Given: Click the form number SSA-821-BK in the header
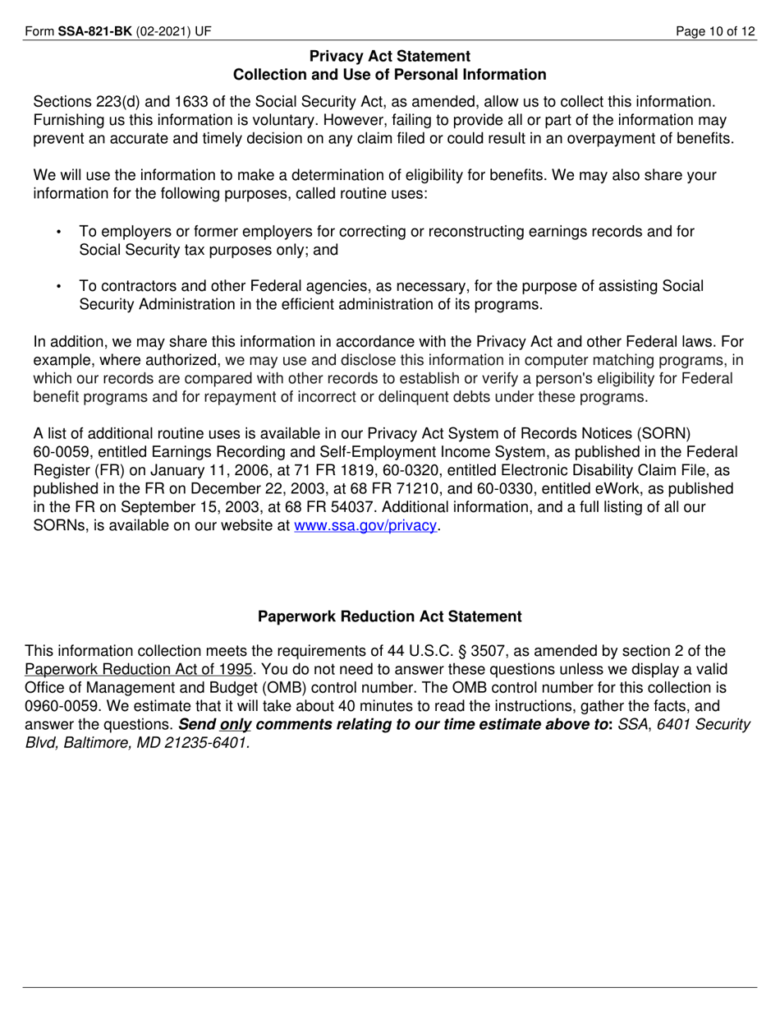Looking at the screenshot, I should [94, 32].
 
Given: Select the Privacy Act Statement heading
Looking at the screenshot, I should [390, 56].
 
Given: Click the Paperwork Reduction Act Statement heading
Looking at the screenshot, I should [390, 616].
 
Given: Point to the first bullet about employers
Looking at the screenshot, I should [386, 241].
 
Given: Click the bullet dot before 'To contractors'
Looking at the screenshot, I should [59, 287].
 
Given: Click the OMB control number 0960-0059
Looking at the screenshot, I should [61, 706].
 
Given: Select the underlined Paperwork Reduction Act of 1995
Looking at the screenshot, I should [139, 669].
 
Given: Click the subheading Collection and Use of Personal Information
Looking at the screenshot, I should [390, 75].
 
